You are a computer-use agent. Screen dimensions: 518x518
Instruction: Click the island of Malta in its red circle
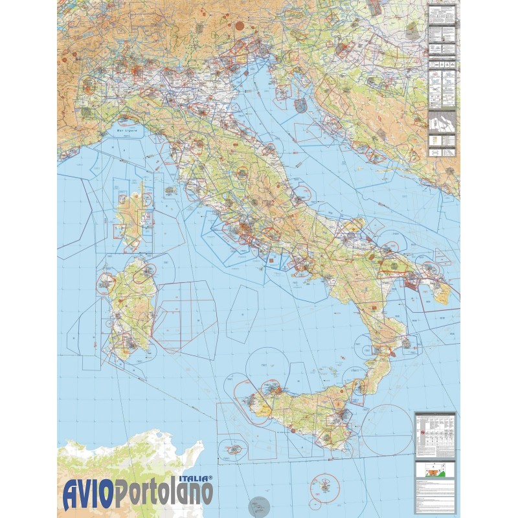[326, 484]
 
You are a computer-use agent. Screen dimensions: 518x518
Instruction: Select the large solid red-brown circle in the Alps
[239, 27]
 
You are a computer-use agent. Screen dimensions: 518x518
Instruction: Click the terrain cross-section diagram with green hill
[435, 470]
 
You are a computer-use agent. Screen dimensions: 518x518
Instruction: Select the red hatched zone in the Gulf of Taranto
[392, 354]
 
